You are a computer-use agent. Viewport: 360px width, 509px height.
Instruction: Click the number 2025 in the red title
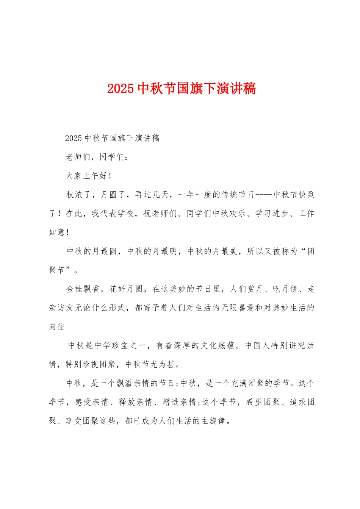click(121, 89)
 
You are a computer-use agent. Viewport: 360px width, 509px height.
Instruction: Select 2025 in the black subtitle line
click(74, 138)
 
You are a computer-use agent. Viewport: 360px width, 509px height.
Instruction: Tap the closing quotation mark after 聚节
click(69, 270)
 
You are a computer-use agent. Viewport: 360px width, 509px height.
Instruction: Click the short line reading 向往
click(57, 326)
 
